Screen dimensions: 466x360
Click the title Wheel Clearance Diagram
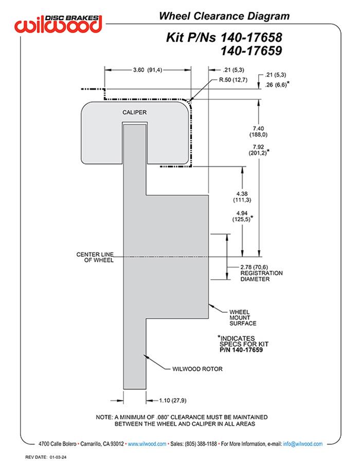[224, 16]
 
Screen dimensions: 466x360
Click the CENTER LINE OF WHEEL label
[95, 257]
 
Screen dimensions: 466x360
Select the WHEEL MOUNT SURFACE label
[243, 317]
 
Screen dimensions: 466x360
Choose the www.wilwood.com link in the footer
[147, 444]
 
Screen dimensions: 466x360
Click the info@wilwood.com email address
[303, 444]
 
